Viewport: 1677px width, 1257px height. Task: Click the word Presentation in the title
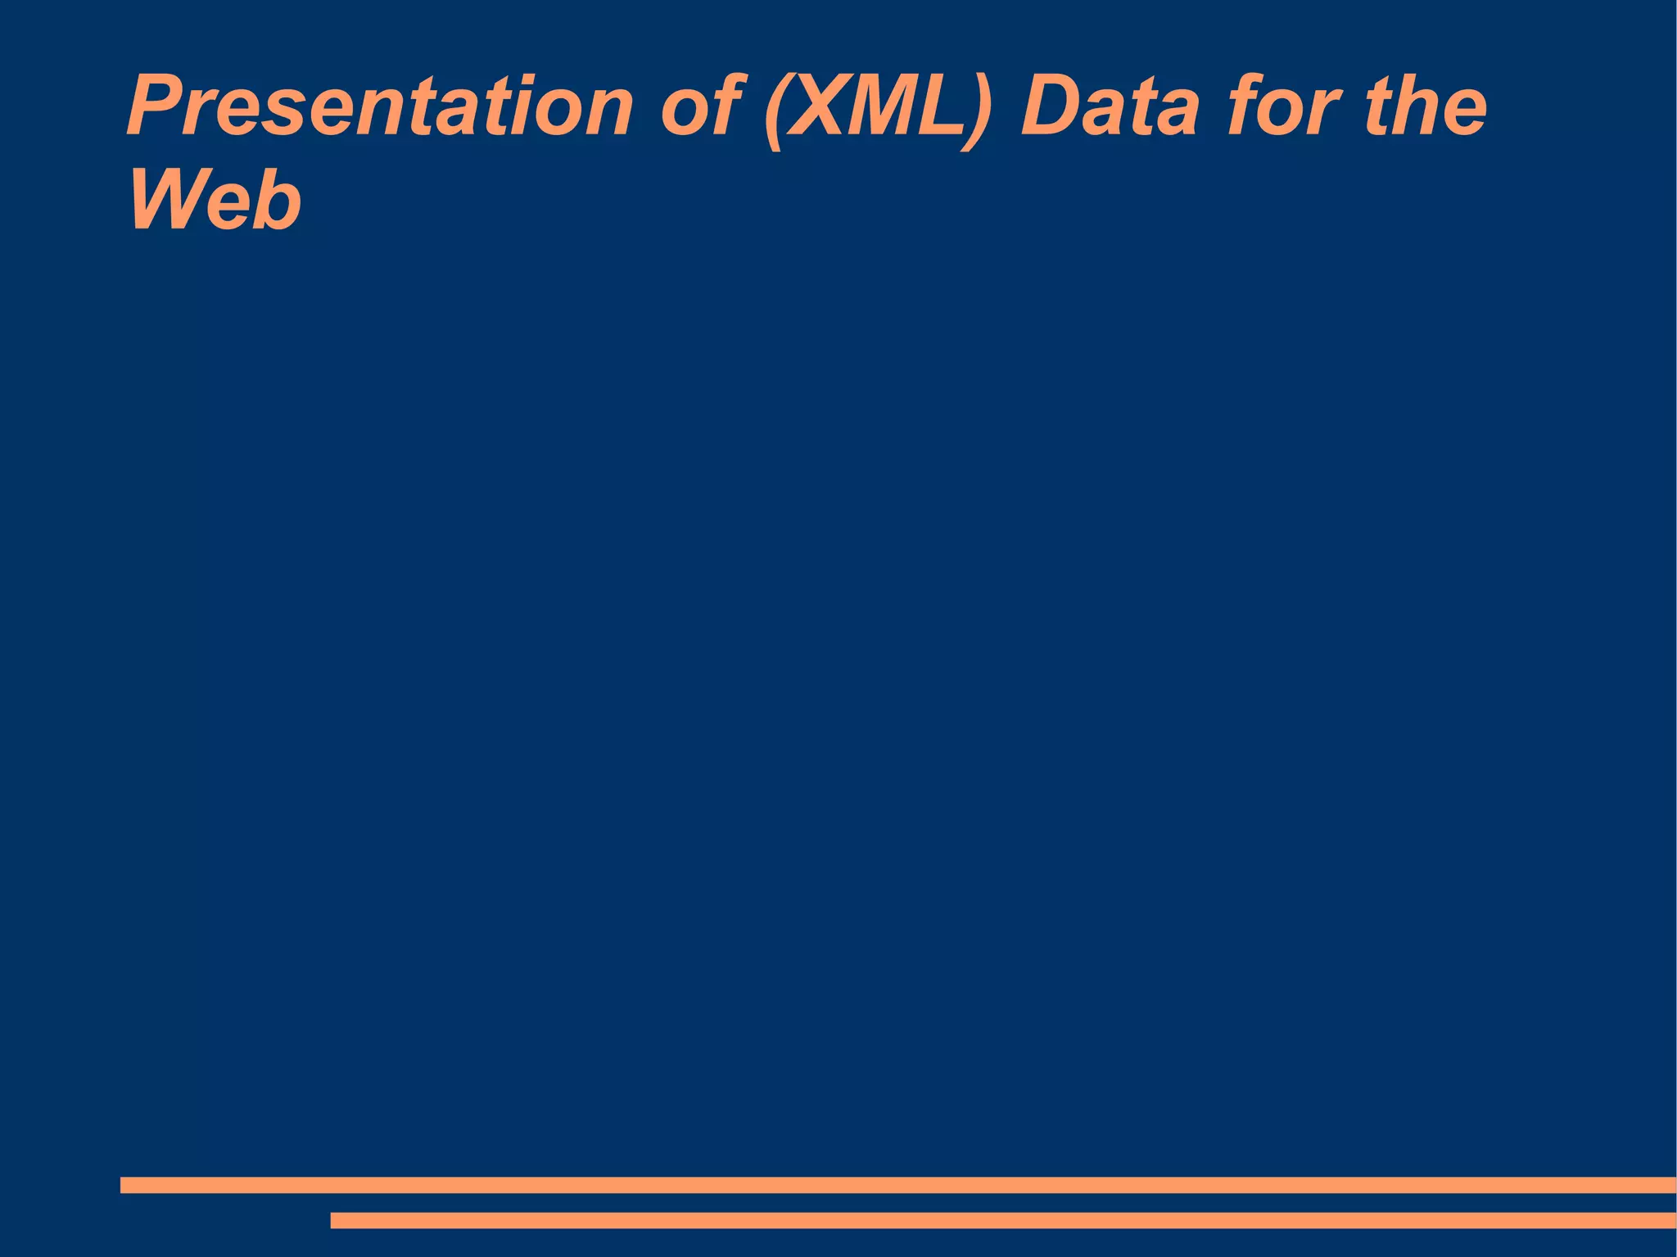click(x=379, y=107)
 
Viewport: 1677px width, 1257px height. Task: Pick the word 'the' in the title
click(x=1425, y=107)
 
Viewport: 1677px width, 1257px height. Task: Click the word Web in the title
click(x=215, y=201)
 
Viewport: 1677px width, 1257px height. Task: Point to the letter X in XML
click(x=820, y=107)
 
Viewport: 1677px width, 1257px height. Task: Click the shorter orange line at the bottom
click(x=1003, y=1220)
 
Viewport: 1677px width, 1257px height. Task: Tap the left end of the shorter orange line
click(x=334, y=1220)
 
